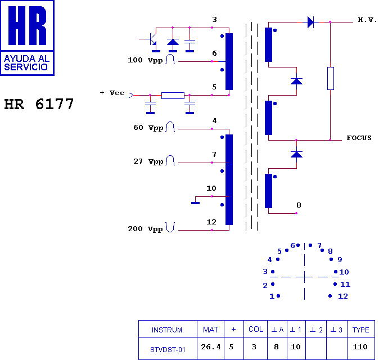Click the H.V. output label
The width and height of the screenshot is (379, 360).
pyautogui.click(x=367, y=20)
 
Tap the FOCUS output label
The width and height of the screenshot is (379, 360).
pyautogui.click(x=359, y=138)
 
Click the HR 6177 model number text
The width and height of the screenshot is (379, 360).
pyautogui.click(x=39, y=104)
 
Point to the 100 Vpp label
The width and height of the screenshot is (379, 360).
pyautogui.click(x=145, y=60)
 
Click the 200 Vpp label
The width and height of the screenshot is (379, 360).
pyautogui.click(x=145, y=229)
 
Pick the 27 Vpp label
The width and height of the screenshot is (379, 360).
pyautogui.click(x=148, y=161)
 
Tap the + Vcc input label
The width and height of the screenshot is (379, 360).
pyautogui.click(x=112, y=93)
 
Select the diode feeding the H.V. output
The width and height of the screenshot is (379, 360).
pyautogui.click(x=310, y=22)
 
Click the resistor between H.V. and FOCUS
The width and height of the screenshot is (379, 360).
pyautogui.click(x=331, y=78)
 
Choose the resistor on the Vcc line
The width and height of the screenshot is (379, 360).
pyautogui.click(x=173, y=96)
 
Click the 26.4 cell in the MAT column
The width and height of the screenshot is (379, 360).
pyautogui.click(x=211, y=347)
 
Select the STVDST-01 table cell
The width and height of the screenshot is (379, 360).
pyautogui.click(x=168, y=350)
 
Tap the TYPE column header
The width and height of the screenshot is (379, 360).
pyautogui.click(x=360, y=330)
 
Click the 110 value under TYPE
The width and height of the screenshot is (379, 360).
pyautogui.click(x=360, y=347)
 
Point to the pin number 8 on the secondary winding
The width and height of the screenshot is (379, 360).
pyautogui.click(x=299, y=205)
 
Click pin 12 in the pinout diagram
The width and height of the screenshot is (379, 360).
pyautogui.click(x=330, y=296)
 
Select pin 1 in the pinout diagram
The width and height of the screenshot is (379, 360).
pyautogui.click(x=278, y=296)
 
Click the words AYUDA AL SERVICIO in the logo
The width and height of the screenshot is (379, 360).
pyautogui.click(x=27, y=62)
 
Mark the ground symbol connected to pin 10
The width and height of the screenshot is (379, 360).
pyautogui.click(x=195, y=203)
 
